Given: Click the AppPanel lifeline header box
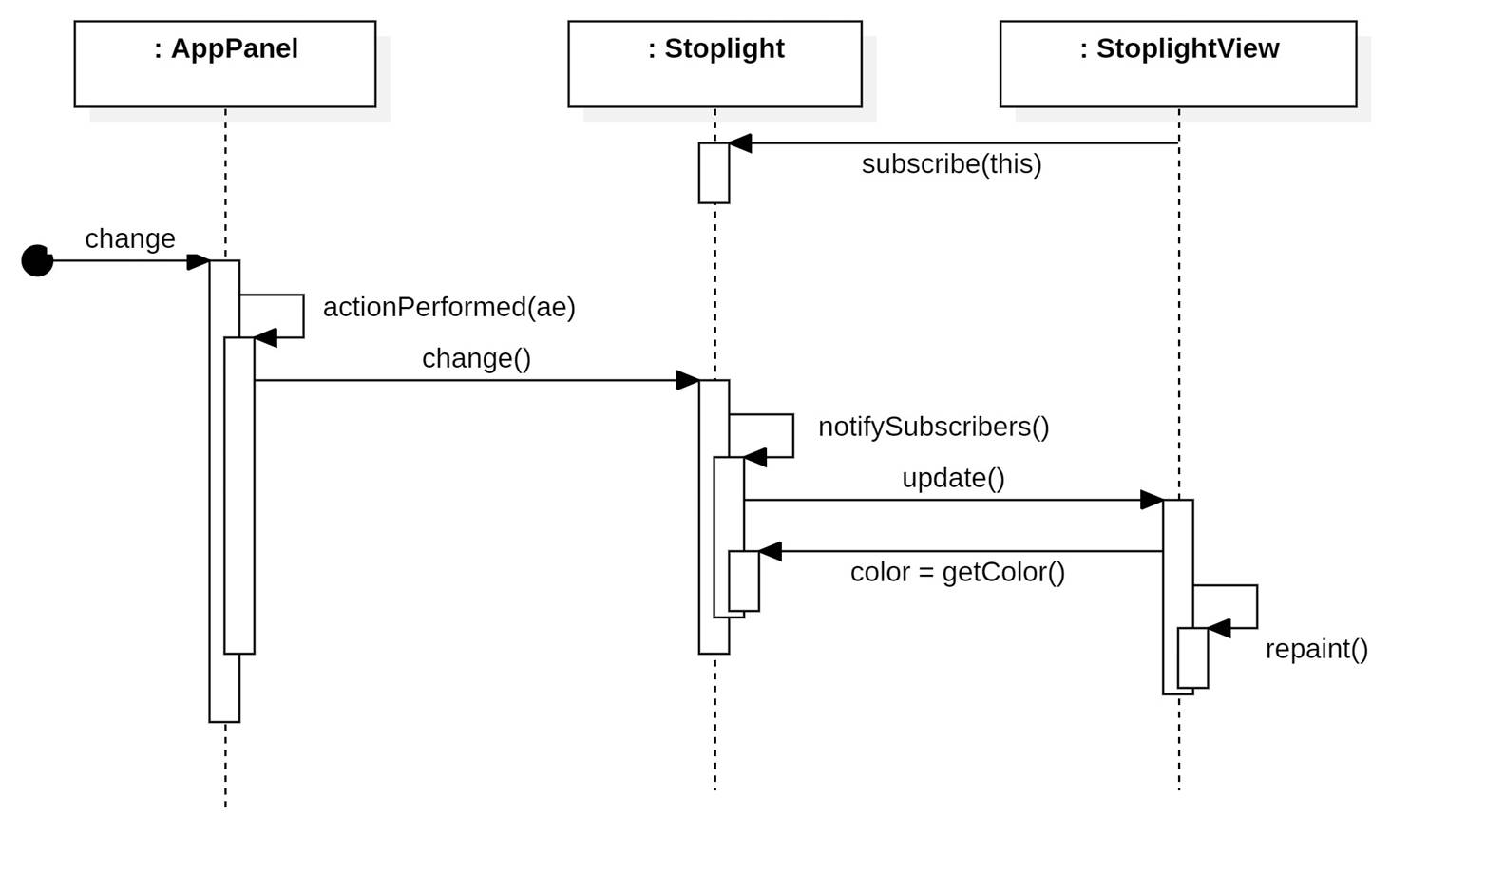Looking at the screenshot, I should tap(225, 64).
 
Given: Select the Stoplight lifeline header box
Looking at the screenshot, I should tap(714, 64).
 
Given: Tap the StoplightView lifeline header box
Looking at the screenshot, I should tap(1178, 64).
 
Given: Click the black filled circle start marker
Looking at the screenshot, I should tap(37, 260).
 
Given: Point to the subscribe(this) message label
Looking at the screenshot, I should tap(951, 164).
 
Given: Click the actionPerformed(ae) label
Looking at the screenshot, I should tap(448, 308).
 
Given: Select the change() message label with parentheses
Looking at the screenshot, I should tap(476, 359).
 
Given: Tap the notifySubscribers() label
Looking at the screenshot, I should tap(933, 427).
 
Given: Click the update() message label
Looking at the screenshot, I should tap(953, 479).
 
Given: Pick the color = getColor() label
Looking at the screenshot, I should tap(957, 573).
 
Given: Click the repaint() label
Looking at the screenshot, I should tap(1316, 650).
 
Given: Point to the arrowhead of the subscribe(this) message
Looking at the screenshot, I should tap(740, 143).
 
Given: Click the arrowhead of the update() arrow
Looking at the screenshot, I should tap(1152, 500).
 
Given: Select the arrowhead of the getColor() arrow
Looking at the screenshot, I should tap(771, 551).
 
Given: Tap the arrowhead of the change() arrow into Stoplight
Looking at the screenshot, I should tap(688, 380).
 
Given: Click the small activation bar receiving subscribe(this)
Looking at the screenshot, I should tap(714, 173).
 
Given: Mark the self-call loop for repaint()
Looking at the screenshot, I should tap(1256, 606).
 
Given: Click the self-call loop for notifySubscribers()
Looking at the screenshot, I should tap(792, 435).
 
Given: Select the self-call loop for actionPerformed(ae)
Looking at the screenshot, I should tap(303, 315).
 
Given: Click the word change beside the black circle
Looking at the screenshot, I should tap(130, 239).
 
